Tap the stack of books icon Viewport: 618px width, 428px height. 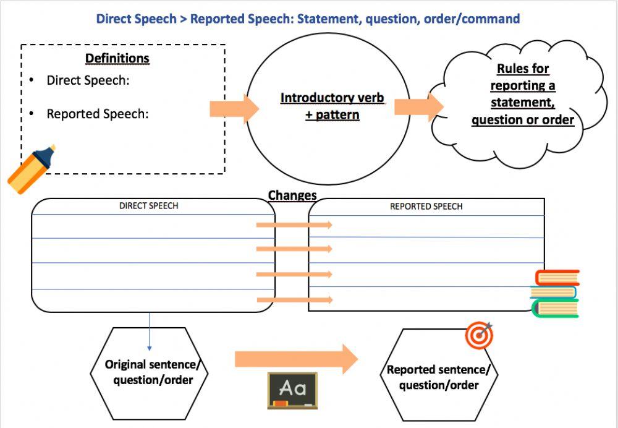click(x=554, y=293)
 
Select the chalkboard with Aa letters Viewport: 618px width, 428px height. click(x=292, y=390)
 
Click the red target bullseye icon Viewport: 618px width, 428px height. click(x=479, y=335)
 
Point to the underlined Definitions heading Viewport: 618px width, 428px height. click(x=117, y=59)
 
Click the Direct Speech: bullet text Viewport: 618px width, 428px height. click(x=88, y=80)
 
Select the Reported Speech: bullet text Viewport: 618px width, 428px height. click(x=97, y=114)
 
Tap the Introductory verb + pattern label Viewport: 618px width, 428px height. click(x=332, y=106)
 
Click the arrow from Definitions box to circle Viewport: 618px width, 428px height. click(x=234, y=109)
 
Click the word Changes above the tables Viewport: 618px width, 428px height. click(x=292, y=195)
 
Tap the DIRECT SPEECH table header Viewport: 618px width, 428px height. click(x=148, y=206)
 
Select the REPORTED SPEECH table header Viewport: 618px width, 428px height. click(x=426, y=207)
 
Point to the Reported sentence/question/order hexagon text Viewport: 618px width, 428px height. click(x=438, y=377)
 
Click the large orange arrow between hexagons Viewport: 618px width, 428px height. click(x=295, y=359)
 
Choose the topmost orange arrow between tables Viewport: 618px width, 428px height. click(x=294, y=225)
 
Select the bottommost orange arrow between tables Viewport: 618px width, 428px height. click(x=294, y=300)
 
